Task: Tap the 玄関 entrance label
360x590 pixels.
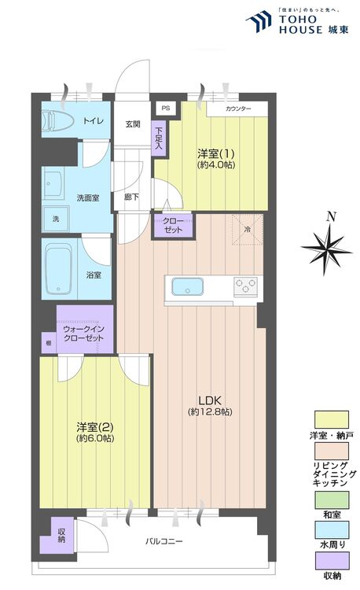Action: click(133, 124)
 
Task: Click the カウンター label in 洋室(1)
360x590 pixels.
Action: click(237, 109)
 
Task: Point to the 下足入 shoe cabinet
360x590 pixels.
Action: click(159, 138)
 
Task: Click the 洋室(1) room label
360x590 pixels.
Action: click(214, 153)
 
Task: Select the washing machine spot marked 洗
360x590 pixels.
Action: click(55, 218)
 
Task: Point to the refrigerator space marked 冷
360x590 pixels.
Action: click(246, 229)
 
